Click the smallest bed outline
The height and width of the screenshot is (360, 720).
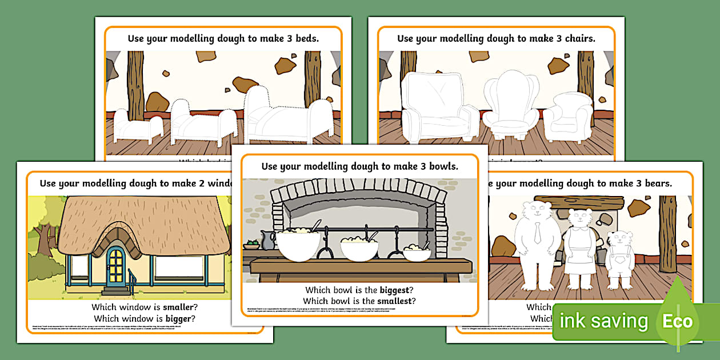[131, 127]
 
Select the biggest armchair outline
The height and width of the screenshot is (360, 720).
[432, 109]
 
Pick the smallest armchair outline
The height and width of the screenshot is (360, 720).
[567, 117]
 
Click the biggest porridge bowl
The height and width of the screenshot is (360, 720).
[298, 245]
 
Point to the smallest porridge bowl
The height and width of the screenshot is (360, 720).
[417, 253]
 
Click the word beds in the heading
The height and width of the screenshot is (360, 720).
[303, 39]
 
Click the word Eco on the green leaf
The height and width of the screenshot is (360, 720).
[677, 321]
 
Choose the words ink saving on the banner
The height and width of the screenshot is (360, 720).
[603, 322]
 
